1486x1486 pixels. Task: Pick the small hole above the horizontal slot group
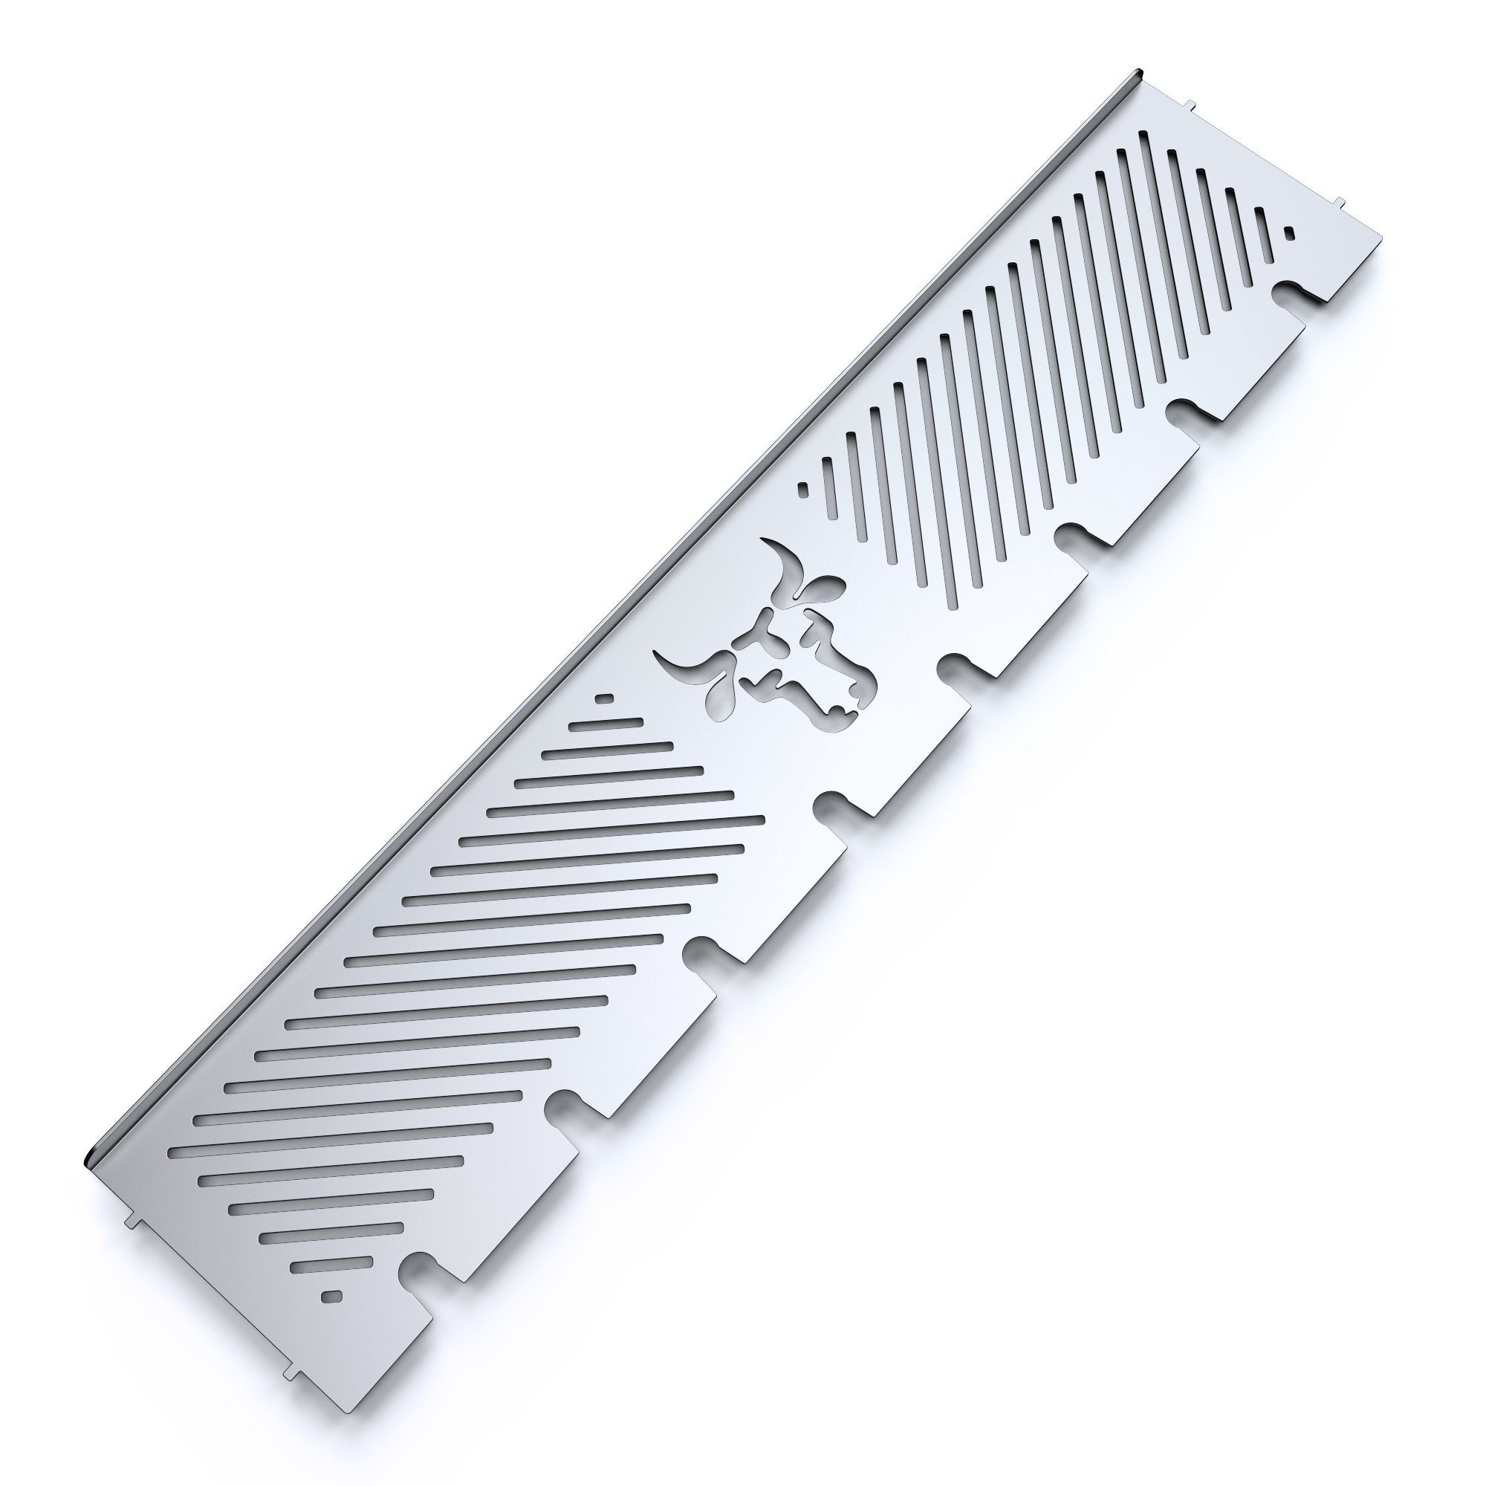click(x=606, y=698)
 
